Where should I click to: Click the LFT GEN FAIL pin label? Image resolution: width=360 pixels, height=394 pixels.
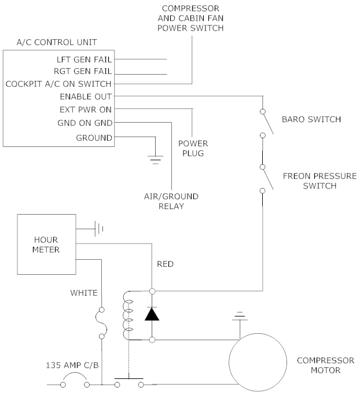point(85,59)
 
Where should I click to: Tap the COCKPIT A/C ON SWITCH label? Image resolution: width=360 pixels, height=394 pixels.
point(58,84)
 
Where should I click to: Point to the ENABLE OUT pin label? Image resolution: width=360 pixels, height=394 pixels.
point(86,97)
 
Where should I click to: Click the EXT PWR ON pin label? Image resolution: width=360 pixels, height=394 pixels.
point(86,109)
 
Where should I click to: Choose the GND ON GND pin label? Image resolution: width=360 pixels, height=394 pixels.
point(85,123)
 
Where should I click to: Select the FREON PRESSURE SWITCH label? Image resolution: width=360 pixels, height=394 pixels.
point(310,181)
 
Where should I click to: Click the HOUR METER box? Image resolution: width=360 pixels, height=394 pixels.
point(46,244)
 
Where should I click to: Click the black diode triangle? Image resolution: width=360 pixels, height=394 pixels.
point(152,314)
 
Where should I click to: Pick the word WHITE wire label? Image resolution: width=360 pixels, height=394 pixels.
point(84,293)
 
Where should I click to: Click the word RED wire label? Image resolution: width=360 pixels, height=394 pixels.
point(166,264)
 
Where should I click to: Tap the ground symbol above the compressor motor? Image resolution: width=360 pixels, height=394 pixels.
point(239,317)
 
